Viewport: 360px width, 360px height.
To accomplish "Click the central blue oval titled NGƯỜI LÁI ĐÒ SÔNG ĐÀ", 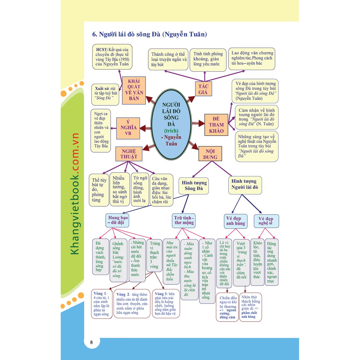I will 171,124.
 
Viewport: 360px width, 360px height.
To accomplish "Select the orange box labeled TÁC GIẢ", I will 204,89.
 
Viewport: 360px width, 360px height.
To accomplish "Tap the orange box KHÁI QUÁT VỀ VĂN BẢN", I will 134,90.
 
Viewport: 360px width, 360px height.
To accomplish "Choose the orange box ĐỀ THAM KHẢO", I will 216,125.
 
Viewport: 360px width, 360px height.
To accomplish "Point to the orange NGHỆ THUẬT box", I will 129,154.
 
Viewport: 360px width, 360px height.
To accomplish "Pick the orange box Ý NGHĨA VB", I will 128,128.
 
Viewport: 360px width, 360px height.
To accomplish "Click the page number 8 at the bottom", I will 91,343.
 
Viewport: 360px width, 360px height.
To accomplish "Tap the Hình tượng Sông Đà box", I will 194,186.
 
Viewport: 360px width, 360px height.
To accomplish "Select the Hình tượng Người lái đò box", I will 244,185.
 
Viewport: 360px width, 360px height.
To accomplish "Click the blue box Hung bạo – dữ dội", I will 118,220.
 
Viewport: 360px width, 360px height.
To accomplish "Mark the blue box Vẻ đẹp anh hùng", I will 236,221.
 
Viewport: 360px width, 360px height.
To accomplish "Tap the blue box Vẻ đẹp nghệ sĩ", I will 266,221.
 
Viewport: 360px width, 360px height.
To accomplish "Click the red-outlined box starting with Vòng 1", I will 102,304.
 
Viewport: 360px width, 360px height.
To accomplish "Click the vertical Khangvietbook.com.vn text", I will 75,194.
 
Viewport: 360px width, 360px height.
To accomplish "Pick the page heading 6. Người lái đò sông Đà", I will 149,34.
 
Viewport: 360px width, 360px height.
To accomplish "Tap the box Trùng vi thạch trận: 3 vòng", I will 155,255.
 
